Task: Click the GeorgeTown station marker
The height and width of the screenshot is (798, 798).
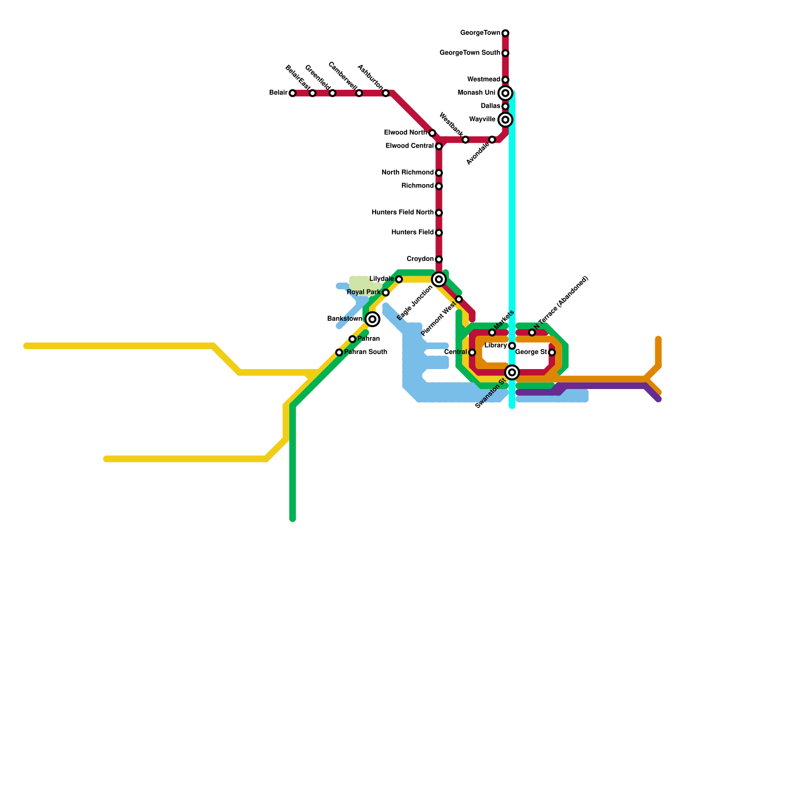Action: click(x=505, y=33)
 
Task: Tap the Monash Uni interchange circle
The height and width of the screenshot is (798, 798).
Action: click(x=505, y=93)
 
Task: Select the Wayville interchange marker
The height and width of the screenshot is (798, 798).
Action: click(x=505, y=120)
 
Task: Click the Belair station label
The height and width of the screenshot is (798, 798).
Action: click(x=278, y=93)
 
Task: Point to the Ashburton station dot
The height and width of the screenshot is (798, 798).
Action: click(x=386, y=93)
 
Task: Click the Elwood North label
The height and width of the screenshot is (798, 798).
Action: click(x=405, y=133)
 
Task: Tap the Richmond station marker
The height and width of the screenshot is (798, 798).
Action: click(x=439, y=187)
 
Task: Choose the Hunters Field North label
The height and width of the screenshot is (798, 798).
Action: click(x=402, y=212)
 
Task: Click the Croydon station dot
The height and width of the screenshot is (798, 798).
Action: click(x=439, y=259)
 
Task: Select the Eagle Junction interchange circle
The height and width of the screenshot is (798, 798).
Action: click(x=439, y=279)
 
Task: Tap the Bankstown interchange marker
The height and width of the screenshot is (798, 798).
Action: click(x=372, y=319)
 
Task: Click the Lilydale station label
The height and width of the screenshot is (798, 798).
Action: click(x=382, y=279)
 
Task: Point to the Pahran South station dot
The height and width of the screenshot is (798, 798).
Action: click(x=339, y=353)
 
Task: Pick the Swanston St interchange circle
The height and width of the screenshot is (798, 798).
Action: click(x=512, y=373)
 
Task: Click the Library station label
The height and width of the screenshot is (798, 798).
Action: click(x=496, y=346)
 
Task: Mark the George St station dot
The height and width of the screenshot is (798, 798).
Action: click(x=552, y=353)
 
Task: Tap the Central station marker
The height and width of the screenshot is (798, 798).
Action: click(x=472, y=353)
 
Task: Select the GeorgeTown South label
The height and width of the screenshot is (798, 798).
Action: click(x=470, y=53)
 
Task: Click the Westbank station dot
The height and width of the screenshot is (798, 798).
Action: click(x=465, y=140)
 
